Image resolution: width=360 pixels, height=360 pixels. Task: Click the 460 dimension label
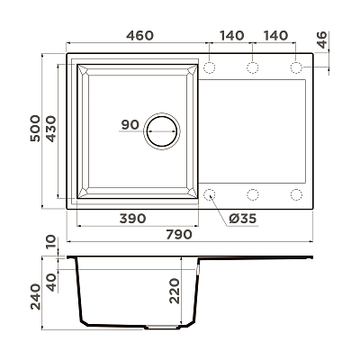(139, 36)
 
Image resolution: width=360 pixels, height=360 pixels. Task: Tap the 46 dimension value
(322, 40)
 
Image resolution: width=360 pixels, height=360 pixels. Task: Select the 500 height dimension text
(35, 128)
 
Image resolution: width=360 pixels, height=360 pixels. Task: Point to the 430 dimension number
(50, 129)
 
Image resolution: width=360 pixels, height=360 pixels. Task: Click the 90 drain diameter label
(130, 124)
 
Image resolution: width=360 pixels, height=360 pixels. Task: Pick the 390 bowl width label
(132, 219)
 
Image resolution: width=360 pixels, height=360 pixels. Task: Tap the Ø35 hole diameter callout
(243, 219)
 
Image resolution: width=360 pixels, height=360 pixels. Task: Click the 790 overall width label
(178, 234)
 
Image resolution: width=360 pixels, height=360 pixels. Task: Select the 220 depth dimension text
(175, 291)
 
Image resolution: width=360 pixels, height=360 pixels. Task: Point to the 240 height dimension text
(35, 297)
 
